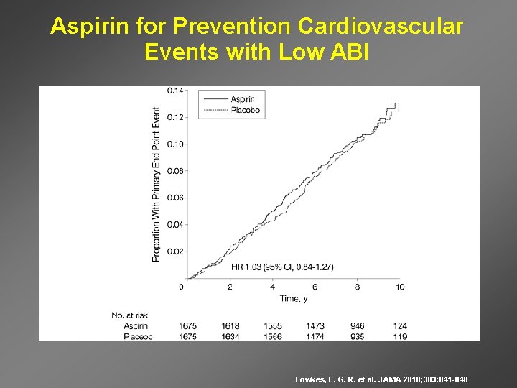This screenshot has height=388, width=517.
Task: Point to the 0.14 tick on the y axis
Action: point(175,91)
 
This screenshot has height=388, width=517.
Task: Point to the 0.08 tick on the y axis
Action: point(175,171)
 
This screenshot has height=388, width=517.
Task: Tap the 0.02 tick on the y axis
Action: point(175,251)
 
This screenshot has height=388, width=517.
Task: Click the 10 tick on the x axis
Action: point(400,287)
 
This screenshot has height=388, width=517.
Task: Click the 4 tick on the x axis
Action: point(272,287)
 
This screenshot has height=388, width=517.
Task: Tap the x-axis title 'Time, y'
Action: point(294,298)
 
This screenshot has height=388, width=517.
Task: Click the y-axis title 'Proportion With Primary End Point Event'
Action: point(157,184)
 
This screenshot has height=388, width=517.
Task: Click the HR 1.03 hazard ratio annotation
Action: point(282,267)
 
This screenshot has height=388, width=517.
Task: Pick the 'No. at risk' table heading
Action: point(130,315)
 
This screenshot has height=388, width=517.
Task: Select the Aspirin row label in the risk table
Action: point(136,326)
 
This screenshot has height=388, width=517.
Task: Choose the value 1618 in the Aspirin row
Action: point(230,326)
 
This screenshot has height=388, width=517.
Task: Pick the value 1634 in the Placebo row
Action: point(230,336)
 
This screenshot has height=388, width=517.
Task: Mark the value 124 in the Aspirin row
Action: point(400,326)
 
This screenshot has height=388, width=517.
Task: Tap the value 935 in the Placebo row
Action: point(358,336)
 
